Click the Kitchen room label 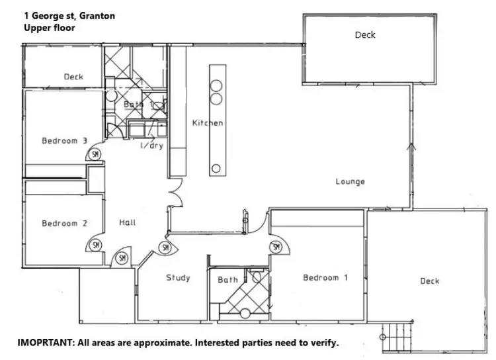point(207,123)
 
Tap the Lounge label point(350,181)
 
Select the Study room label point(178,278)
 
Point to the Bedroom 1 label point(325,278)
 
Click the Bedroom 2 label point(64,224)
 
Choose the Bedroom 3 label point(64,140)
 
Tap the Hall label point(128,222)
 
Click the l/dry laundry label point(151,146)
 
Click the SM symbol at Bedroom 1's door point(276,247)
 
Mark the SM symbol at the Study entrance point(165,247)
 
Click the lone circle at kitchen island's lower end point(216,169)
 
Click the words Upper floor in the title point(49,28)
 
